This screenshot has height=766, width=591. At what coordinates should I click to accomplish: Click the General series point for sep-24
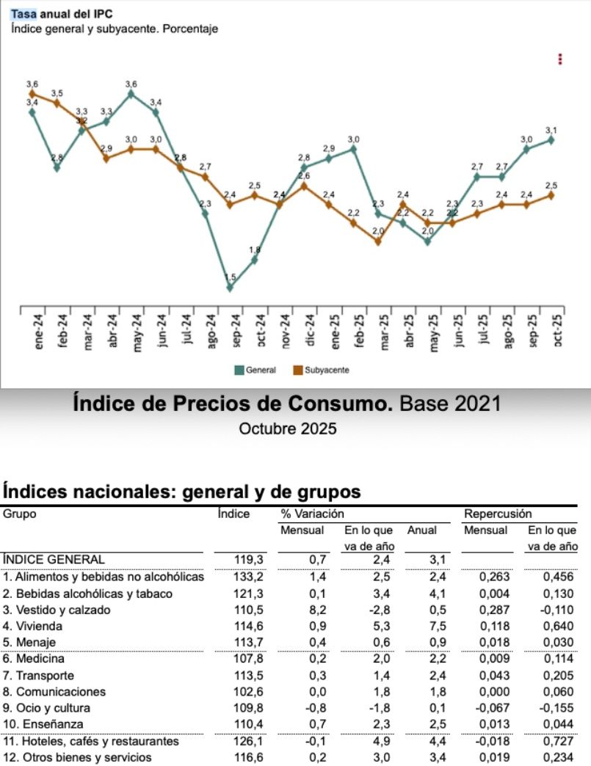pyautogui.click(x=230, y=288)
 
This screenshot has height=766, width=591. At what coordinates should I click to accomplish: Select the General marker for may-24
pyautogui.click(x=131, y=93)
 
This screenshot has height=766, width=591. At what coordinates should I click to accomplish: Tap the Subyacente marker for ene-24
pyautogui.click(x=32, y=93)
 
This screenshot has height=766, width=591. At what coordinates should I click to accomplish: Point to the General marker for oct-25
pyautogui.click(x=551, y=139)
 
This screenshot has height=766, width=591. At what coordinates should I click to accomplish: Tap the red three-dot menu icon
pyautogui.click(x=560, y=59)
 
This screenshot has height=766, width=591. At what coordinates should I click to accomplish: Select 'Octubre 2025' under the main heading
pyautogui.click(x=288, y=429)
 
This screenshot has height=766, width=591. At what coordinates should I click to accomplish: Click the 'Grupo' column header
pyautogui.click(x=20, y=514)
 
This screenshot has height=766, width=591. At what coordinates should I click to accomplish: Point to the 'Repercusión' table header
pyautogui.click(x=498, y=514)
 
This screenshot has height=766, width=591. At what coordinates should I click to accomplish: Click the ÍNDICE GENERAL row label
pyautogui.click(x=59, y=559)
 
